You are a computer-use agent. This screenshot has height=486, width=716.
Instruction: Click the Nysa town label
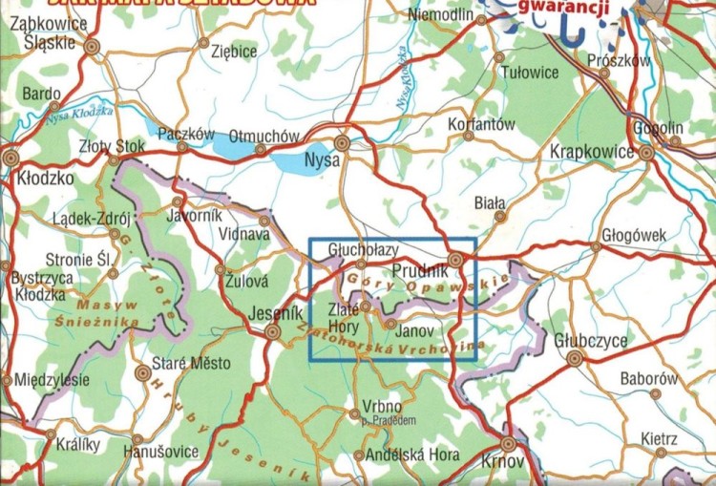(x=320, y=160)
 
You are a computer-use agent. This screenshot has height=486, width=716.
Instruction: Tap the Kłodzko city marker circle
(x=11, y=158)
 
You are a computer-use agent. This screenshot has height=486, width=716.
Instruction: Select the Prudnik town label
(x=413, y=271)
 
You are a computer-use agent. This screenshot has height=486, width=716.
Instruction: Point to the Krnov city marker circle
(x=509, y=444)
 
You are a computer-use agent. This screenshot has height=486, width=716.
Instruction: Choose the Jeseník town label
(x=275, y=313)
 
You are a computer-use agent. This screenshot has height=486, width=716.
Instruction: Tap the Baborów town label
(x=648, y=379)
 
